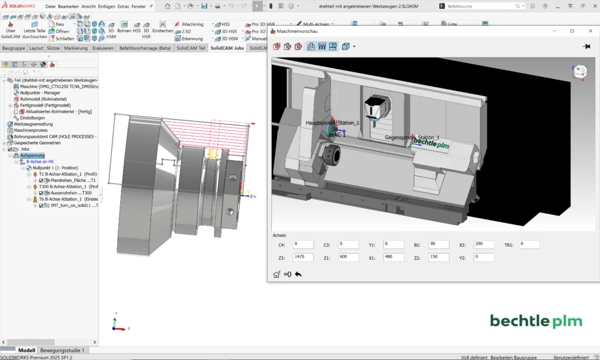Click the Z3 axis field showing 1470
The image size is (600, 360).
click(304, 257)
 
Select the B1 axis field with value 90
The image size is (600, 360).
click(439, 244)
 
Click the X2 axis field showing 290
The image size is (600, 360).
click(484, 244)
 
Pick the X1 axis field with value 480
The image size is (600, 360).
click(394, 257)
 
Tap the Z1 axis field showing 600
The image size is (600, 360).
click(349, 257)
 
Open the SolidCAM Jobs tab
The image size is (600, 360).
click(227, 48)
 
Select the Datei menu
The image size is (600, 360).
click(50, 6)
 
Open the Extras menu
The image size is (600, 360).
click(123, 6)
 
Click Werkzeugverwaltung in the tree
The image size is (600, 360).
click(29, 124)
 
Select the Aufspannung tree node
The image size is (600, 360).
click(32, 155)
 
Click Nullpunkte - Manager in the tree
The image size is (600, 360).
click(40, 93)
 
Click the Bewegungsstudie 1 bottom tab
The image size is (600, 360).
click(62, 350)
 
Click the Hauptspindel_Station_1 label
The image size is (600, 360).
click(332, 123)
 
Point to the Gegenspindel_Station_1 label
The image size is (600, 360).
click(412, 137)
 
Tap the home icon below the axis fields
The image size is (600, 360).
click(277, 274)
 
